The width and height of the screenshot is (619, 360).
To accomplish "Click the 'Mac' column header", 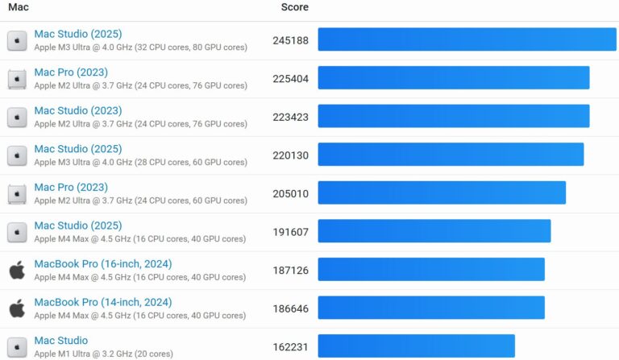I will pos(19,7).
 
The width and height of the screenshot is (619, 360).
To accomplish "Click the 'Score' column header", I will pos(294,7).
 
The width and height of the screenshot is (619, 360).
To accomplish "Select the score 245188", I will pos(290,40).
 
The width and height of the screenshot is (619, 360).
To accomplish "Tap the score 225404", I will pos(290,78).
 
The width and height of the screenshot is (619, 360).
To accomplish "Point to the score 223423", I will pos(290,117).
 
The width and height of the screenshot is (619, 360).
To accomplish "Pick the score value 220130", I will pos(290,155).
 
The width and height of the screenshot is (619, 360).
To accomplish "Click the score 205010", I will pos(290,193).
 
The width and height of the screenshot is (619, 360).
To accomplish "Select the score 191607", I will pos(290,232).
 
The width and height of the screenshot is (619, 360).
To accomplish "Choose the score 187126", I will pos(290,271).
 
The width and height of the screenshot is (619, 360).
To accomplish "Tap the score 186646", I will pos(290,308).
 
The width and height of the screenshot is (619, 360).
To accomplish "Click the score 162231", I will pos(290,347).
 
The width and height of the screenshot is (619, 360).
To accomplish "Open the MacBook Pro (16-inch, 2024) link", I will pos(102,264).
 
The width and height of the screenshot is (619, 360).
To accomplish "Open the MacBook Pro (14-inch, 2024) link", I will pos(102,302).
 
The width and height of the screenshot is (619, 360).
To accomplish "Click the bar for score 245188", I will pos(467,39).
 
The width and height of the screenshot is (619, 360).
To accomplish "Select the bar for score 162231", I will pos(416,346).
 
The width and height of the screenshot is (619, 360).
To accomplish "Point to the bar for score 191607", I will pos(434,231).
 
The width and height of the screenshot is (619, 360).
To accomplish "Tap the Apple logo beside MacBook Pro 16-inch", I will pos(17,270).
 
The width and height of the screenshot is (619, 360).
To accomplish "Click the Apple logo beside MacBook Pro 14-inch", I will pos(17,308).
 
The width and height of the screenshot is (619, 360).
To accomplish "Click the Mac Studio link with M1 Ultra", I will pos(61,341).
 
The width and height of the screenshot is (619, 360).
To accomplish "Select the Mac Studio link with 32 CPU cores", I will pos(77,34).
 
